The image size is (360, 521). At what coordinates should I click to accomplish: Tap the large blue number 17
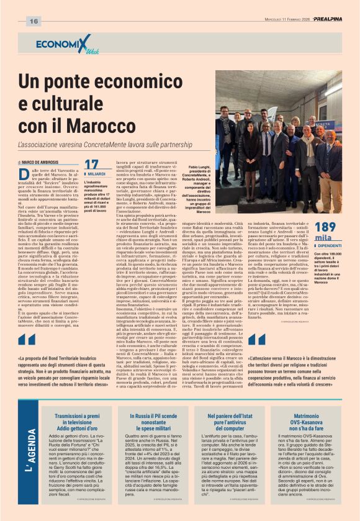tap(91, 165)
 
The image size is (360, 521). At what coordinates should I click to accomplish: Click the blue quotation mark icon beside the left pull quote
tap(27, 340)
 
